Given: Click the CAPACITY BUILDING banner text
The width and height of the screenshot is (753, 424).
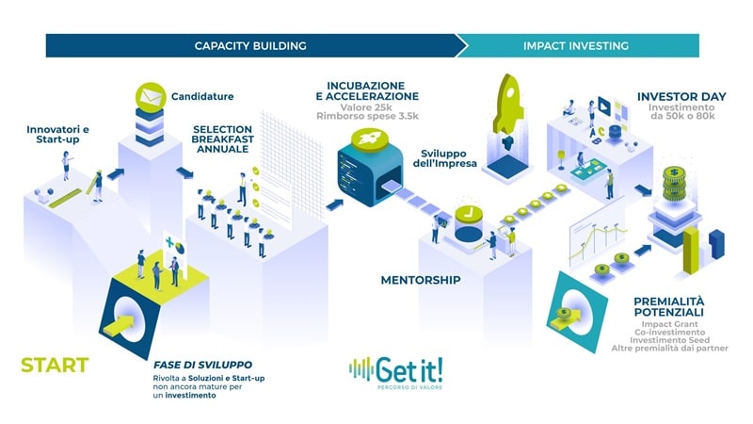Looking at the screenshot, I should pyautogui.click(x=250, y=45).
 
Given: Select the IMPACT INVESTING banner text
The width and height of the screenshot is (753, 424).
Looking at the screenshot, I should pyautogui.click(x=575, y=45).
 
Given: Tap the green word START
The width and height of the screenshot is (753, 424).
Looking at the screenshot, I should pyautogui.click(x=55, y=365).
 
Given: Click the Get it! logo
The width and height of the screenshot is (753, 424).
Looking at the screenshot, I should pyautogui.click(x=395, y=370).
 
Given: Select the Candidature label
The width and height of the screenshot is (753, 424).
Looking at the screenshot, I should pyautogui.click(x=202, y=97).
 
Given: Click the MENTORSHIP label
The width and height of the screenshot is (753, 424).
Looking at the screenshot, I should pyautogui.click(x=420, y=280).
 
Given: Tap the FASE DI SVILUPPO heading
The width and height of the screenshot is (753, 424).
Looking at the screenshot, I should pyautogui.click(x=202, y=365).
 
